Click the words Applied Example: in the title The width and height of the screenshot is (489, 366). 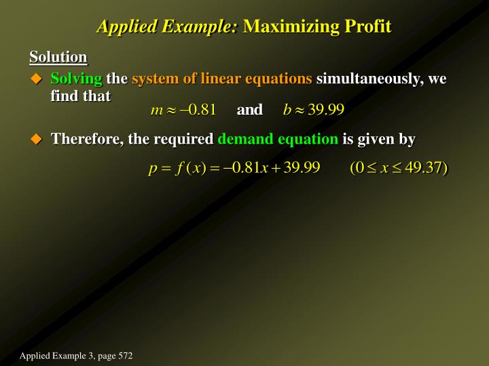[x=167, y=26]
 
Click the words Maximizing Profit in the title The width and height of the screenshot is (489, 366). [x=317, y=26]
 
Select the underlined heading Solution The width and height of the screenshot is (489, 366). [x=58, y=57]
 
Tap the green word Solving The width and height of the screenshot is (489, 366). [x=76, y=79]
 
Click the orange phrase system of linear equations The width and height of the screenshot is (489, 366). [x=222, y=79]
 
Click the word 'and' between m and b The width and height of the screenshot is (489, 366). [x=249, y=109]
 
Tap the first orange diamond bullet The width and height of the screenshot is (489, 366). [x=37, y=79]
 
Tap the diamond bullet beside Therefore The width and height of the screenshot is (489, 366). [x=37, y=140]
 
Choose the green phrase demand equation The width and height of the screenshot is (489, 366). [x=277, y=140]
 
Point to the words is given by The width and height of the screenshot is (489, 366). [x=378, y=140]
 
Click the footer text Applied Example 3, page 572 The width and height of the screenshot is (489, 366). [x=76, y=356]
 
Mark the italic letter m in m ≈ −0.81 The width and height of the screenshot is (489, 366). [x=156, y=110]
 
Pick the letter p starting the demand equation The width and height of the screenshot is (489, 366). [x=153, y=169]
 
